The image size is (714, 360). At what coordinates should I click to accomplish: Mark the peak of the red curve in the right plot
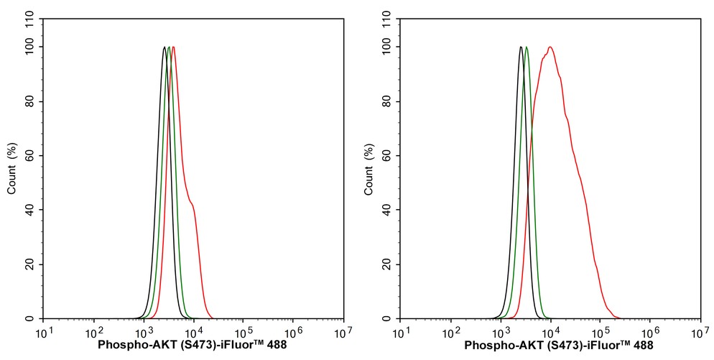pos(550,47)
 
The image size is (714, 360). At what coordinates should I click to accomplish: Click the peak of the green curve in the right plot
pos(527,47)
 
